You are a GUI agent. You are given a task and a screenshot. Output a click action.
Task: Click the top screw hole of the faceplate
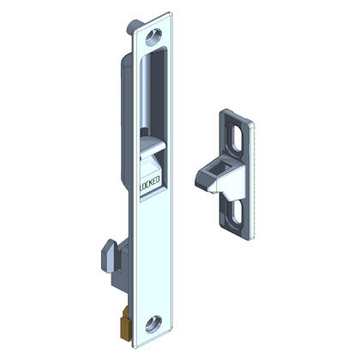point(154,37)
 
